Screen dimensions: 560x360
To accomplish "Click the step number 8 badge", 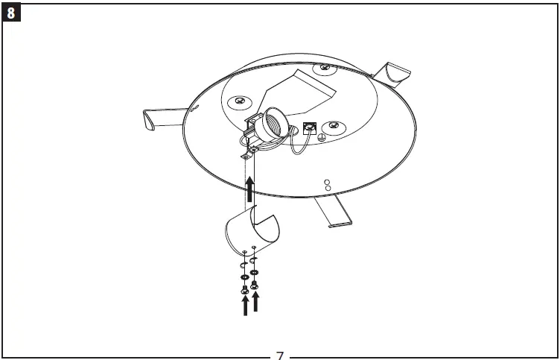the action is [11, 13].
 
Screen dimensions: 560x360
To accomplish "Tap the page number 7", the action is [280, 356].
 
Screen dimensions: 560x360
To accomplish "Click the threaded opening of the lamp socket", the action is [276, 126].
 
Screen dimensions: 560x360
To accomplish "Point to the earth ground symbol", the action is [322, 138].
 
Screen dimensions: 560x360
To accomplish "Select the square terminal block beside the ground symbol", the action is [310, 128].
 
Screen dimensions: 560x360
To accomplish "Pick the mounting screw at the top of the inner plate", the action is [324, 67].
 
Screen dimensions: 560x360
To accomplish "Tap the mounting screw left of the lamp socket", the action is [240, 101].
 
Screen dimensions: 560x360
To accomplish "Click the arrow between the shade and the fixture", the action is [249, 189].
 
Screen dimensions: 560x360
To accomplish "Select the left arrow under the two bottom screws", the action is [245, 306].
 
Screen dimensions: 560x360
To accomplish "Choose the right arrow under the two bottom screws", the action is [255, 302].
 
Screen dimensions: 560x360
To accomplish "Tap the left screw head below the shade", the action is [245, 290].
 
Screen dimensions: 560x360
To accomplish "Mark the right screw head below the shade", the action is [254, 285].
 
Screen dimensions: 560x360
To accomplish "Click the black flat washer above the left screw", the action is [244, 277].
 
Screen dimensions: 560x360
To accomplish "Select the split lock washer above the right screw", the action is [252, 261].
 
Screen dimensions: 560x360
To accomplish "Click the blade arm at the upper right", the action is [391, 75].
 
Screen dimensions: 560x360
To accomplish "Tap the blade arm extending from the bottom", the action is [333, 211].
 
